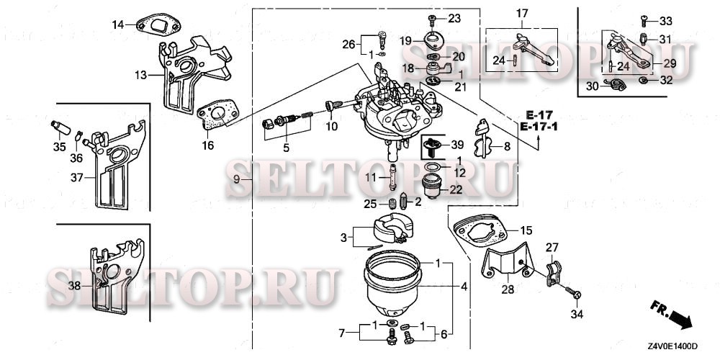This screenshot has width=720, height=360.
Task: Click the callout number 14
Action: tap(117, 25)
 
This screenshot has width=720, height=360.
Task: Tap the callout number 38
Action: tap(73, 285)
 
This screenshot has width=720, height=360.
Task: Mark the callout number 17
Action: tap(522, 13)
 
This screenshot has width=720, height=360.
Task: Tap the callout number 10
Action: tap(331, 127)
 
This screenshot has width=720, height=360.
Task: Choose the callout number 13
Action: tap(140, 74)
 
